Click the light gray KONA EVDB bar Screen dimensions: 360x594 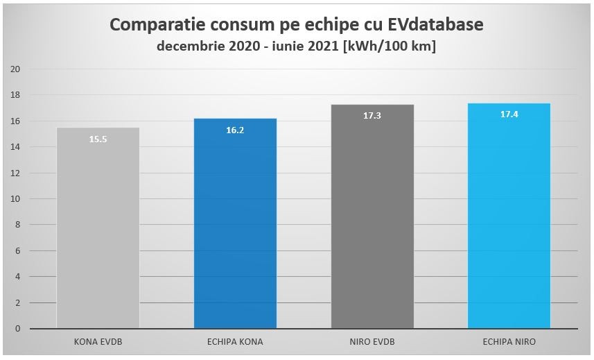tap(98, 229)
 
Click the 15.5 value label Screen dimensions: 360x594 tap(98, 139)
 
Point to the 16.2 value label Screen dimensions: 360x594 tap(235, 130)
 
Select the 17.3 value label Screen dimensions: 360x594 tap(372, 116)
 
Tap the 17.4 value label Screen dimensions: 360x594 tap(509, 114)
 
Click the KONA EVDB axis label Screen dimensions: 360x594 tap(98, 341)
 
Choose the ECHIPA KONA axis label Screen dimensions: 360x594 tap(235, 341)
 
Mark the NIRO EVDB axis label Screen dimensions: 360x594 tap(372, 341)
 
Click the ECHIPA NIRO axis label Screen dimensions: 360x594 tap(509, 341)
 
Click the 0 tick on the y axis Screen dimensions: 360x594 tap(19, 329)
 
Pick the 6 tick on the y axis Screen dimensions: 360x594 tap(19, 251)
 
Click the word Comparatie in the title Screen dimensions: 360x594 tap(155, 26)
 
